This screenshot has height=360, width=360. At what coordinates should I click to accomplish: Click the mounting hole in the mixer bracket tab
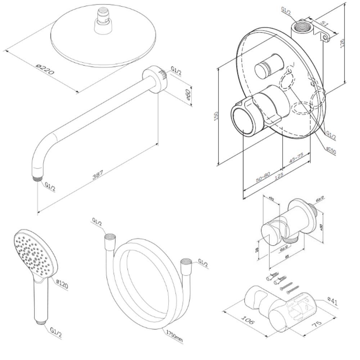tap(325, 37)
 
